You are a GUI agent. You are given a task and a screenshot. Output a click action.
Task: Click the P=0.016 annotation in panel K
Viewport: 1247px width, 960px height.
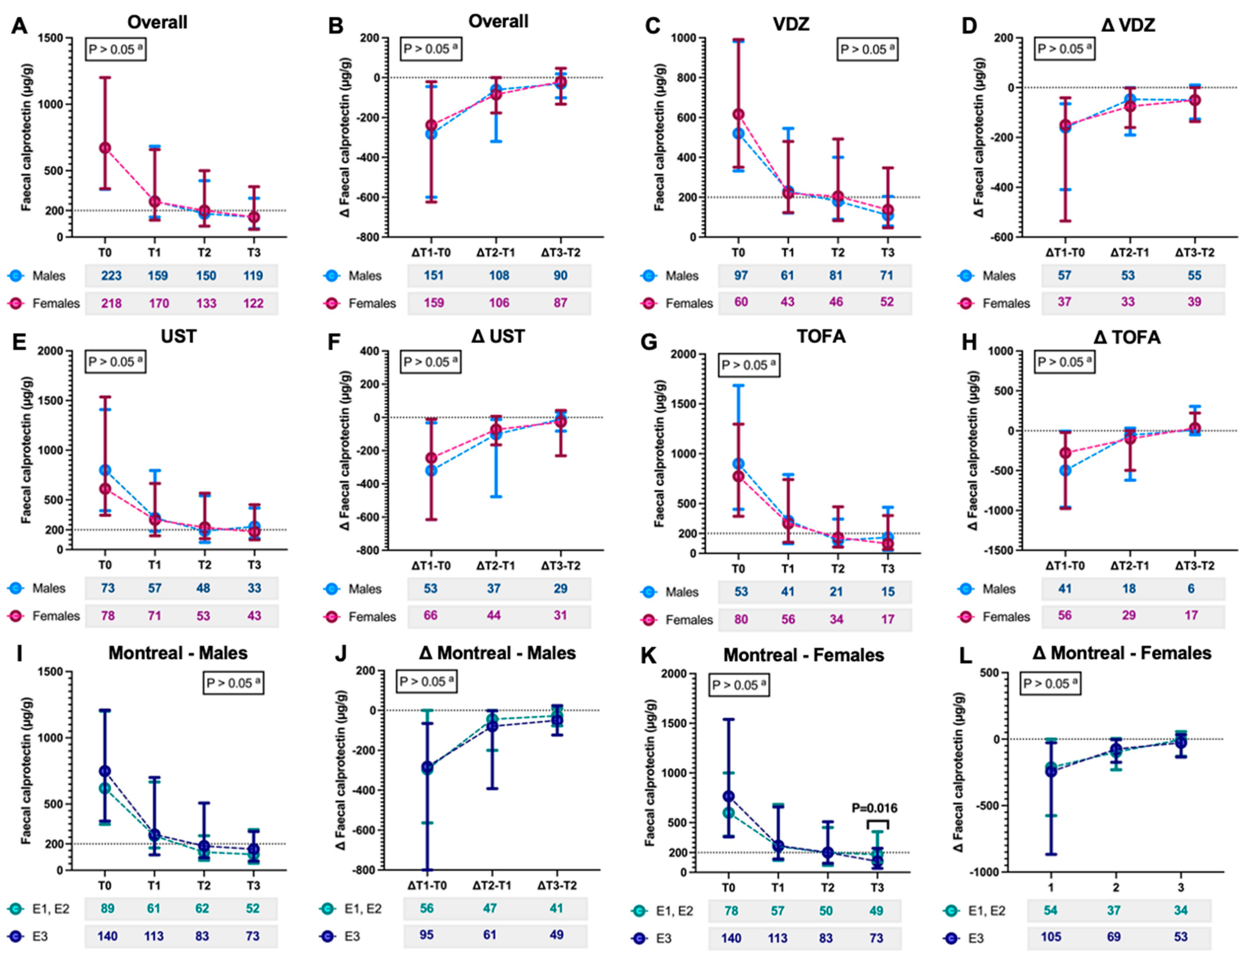coord(874,808)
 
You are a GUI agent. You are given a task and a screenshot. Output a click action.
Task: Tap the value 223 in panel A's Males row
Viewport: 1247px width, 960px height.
coord(111,276)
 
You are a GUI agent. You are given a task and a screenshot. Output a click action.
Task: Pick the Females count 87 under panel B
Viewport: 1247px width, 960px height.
coord(560,303)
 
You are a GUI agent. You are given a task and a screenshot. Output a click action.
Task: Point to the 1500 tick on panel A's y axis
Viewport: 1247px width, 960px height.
coord(55,38)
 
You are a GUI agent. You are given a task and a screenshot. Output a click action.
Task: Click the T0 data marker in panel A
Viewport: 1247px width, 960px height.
coord(105,148)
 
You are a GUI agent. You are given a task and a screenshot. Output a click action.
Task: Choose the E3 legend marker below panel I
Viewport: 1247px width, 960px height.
coord(16,936)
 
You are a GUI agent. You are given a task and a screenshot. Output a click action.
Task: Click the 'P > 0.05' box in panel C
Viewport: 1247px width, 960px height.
coord(867,50)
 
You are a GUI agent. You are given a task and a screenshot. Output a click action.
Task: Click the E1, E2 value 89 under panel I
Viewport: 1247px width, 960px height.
coord(107,908)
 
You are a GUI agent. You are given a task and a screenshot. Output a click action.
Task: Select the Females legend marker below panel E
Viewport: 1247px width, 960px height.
coord(16,616)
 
